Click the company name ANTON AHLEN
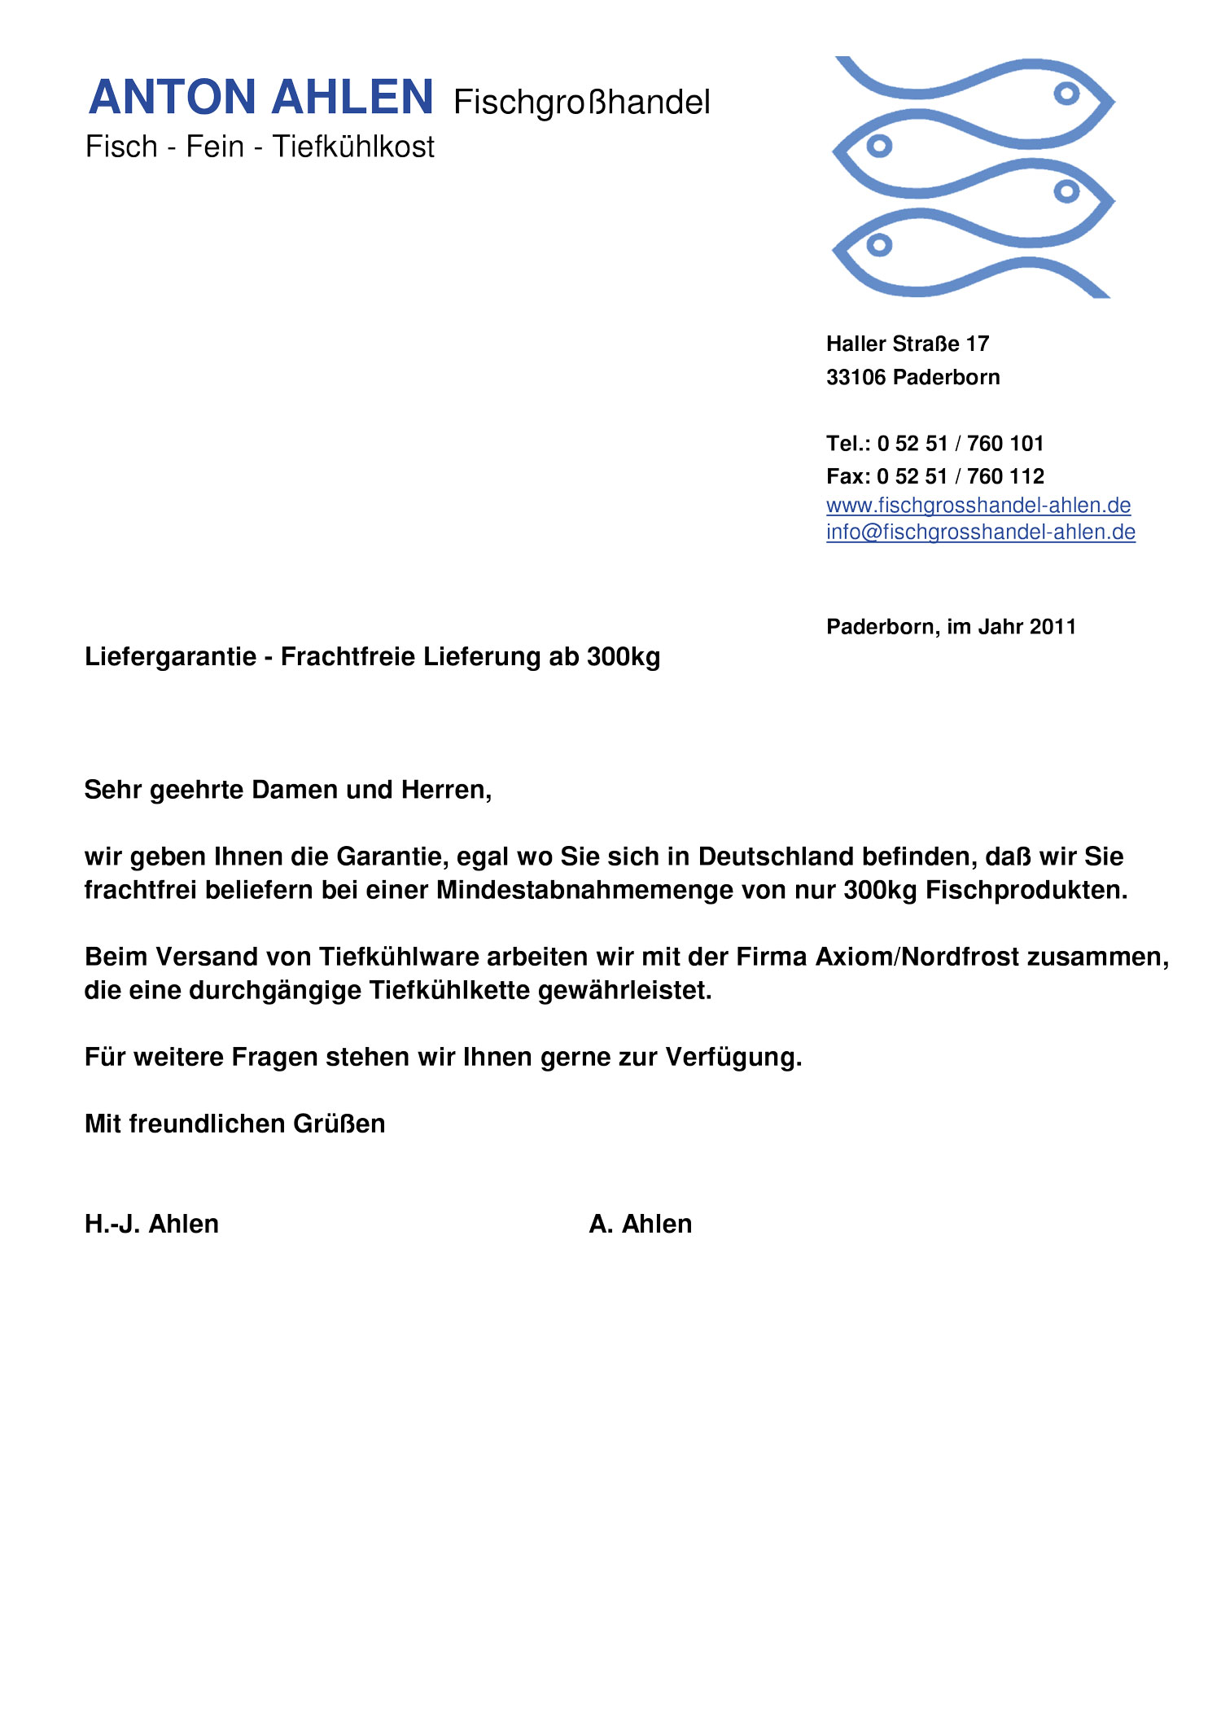point(260,98)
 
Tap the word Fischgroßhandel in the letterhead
point(581,103)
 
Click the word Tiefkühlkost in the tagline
point(353,147)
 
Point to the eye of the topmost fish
point(1066,94)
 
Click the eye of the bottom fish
point(879,244)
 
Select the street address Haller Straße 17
point(907,344)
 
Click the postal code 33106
point(856,378)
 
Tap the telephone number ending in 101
point(960,444)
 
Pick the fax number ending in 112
point(960,476)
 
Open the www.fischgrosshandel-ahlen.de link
point(978,506)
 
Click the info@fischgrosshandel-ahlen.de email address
point(980,532)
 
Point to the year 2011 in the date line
point(1053,627)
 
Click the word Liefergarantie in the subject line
point(170,657)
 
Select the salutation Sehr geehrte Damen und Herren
point(287,790)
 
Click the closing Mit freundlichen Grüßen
point(234,1124)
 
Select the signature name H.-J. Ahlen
point(151,1224)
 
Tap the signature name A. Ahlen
point(640,1224)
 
